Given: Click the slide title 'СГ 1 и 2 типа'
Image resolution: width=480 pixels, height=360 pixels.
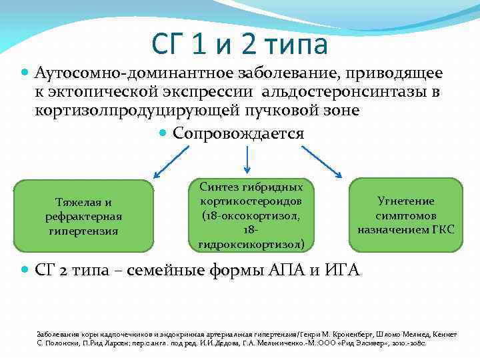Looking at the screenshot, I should (x=240, y=45).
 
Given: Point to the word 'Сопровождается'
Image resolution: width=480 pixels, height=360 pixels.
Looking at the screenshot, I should (x=238, y=133).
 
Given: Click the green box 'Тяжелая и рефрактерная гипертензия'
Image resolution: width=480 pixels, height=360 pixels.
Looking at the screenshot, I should (x=83, y=216).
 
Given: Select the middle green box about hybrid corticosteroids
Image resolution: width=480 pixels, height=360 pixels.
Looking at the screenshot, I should (x=247, y=215).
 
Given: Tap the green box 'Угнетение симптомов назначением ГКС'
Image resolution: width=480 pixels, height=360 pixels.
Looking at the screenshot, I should (x=405, y=215).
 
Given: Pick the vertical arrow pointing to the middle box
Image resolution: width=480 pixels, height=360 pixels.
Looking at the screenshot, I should (x=247, y=159).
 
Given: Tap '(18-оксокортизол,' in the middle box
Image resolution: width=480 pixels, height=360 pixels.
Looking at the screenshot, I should (x=247, y=215).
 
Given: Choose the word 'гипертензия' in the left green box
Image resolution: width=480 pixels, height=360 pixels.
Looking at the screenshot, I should (x=83, y=231).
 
